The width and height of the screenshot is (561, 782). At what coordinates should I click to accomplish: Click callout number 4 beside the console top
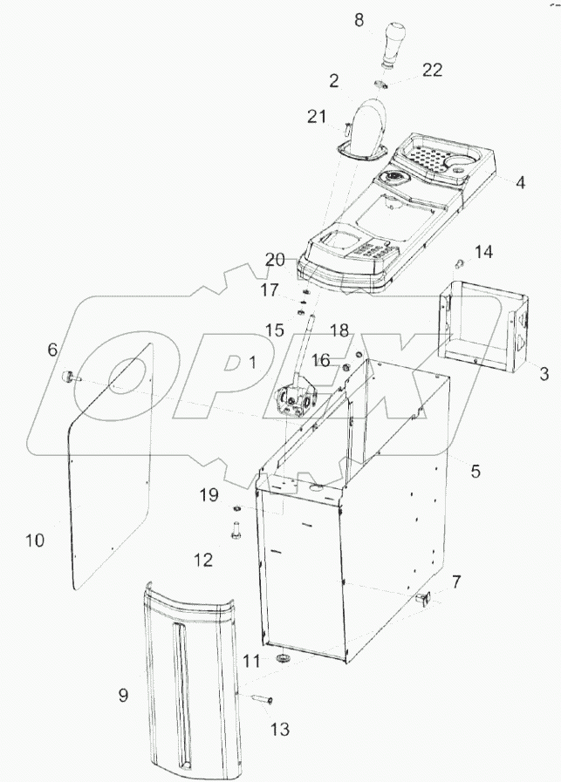tap(520, 184)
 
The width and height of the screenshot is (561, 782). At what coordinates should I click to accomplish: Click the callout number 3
tap(543, 375)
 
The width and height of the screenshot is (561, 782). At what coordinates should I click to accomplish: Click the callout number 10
tap(34, 541)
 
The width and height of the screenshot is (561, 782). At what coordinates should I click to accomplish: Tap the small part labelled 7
tap(425, 599)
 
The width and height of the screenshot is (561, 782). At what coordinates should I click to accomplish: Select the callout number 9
tap(123, 695)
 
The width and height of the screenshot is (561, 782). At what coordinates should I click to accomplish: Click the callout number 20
tap(277, 259)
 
